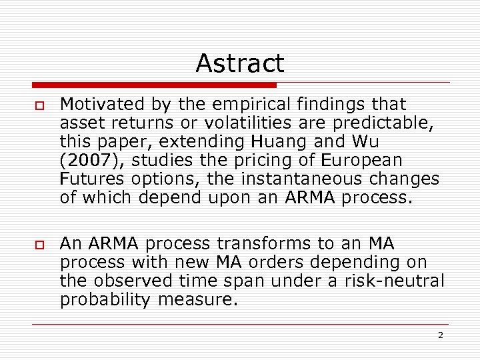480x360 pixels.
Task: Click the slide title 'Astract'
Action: (x=240, y=63)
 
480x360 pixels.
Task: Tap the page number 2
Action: (x=440, y=335)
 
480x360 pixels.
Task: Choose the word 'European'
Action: (x=363, y=160)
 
